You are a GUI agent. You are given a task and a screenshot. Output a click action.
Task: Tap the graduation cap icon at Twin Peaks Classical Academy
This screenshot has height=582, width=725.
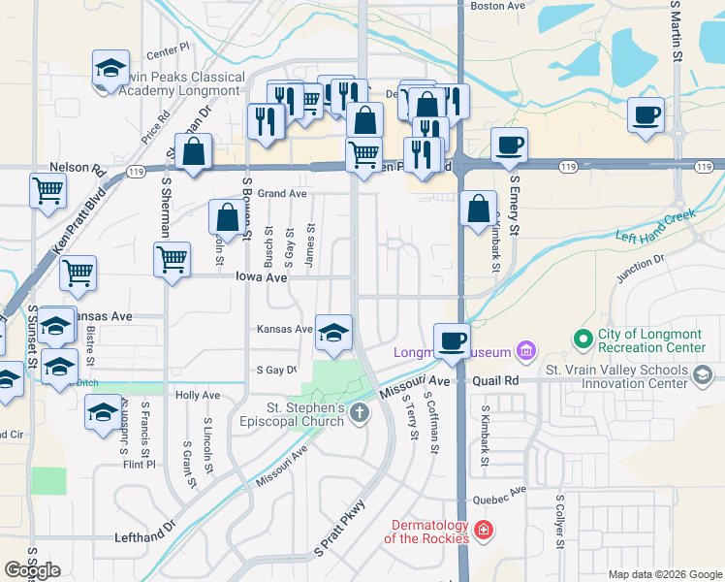[x=110, y=70]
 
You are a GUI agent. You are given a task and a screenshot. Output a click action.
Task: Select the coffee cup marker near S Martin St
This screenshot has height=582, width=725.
[x=646, y=114]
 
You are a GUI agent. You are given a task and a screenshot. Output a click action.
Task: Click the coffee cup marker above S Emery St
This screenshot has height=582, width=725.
[x=509, y=145]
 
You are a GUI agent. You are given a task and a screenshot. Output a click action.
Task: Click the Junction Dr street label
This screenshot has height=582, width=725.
[x=639, y=268]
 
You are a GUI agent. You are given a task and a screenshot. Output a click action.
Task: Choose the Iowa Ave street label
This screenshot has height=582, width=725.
[x=262, y=277]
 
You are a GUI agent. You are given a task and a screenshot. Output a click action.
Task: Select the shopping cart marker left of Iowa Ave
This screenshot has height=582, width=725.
[x=172, y=259]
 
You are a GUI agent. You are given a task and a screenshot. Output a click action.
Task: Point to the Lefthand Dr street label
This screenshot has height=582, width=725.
[x=144, y=536]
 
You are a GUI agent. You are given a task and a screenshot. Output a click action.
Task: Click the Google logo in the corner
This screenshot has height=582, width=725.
[x=32, y=570]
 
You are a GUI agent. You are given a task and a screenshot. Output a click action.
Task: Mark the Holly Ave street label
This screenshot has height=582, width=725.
[x=198, y=396]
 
